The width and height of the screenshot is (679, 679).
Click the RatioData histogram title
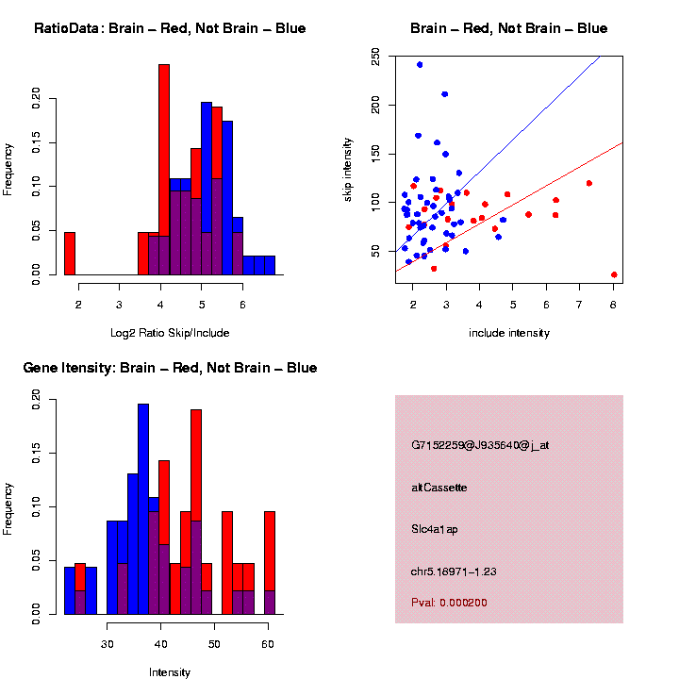(x=170, y=28)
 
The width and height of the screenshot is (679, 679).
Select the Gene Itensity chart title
(x=170, y=368)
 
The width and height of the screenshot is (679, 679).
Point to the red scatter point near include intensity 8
(x=614, y=274)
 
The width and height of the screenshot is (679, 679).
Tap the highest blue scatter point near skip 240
(x=420, y=64)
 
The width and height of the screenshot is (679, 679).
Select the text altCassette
(x=439, y=488)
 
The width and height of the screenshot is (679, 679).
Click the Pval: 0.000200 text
(x=449, y=603)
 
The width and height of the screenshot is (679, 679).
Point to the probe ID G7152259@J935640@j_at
(x=480, y=445)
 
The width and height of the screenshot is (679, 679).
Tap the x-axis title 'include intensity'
(x=509, y=333)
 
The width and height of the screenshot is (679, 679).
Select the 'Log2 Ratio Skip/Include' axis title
(x=170, y=333)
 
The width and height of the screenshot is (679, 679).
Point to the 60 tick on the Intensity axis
(x=268, y=643)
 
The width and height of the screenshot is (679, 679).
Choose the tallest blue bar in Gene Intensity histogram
(x=143, y=509)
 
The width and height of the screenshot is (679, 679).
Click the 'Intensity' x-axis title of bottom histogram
(x=170, y=672)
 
